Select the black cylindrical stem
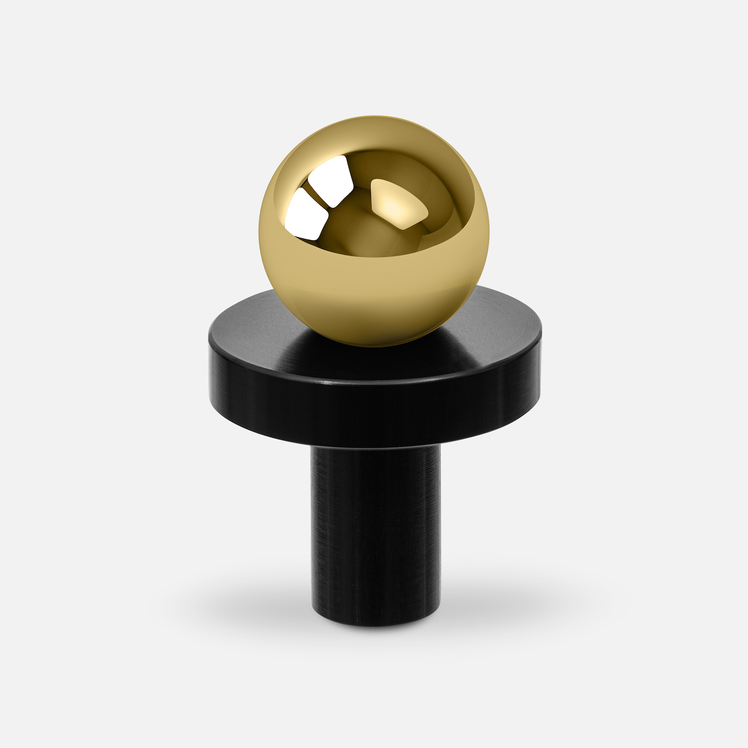tap(375, 529)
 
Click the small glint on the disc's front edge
tap(327, 383)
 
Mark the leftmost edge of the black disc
tap(209, 369)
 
